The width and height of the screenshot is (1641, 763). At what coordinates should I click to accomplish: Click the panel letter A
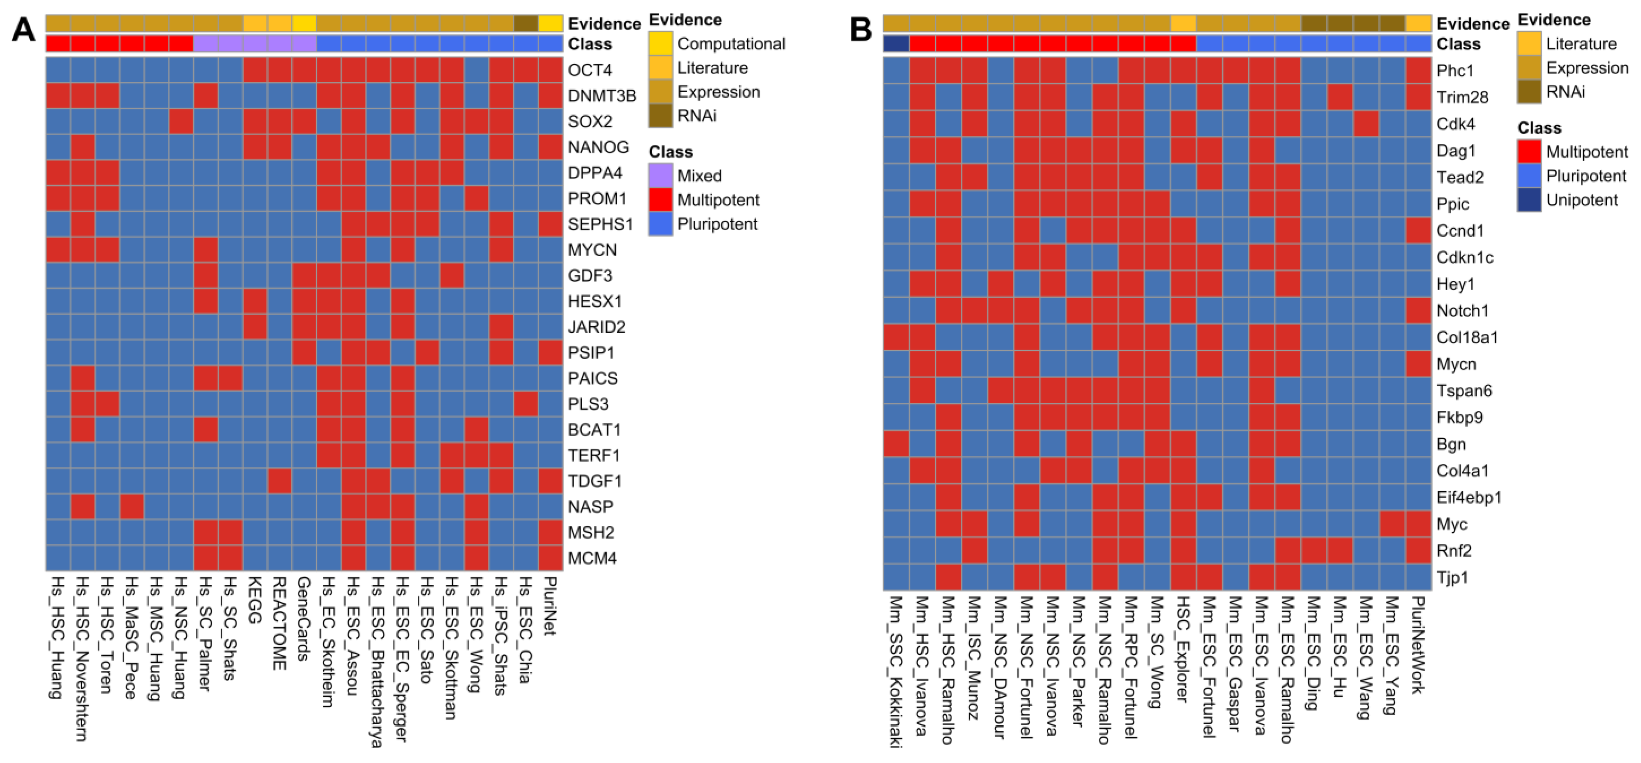pos(24,30)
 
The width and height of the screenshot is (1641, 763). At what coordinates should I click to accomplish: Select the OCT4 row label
pos(590,70)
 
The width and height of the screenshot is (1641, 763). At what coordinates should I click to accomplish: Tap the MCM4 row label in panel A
pos(592,558)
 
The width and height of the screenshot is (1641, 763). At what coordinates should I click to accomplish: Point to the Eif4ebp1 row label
pos(1468,497)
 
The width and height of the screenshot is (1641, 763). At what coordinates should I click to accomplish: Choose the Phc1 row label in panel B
pos(1455,71)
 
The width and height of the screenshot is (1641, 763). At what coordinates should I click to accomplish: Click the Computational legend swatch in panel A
pos(661,43)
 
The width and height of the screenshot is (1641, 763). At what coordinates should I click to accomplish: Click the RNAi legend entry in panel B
pos(1565,92)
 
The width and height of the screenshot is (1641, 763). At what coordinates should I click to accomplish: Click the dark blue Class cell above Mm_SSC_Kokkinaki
pos(896,44)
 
